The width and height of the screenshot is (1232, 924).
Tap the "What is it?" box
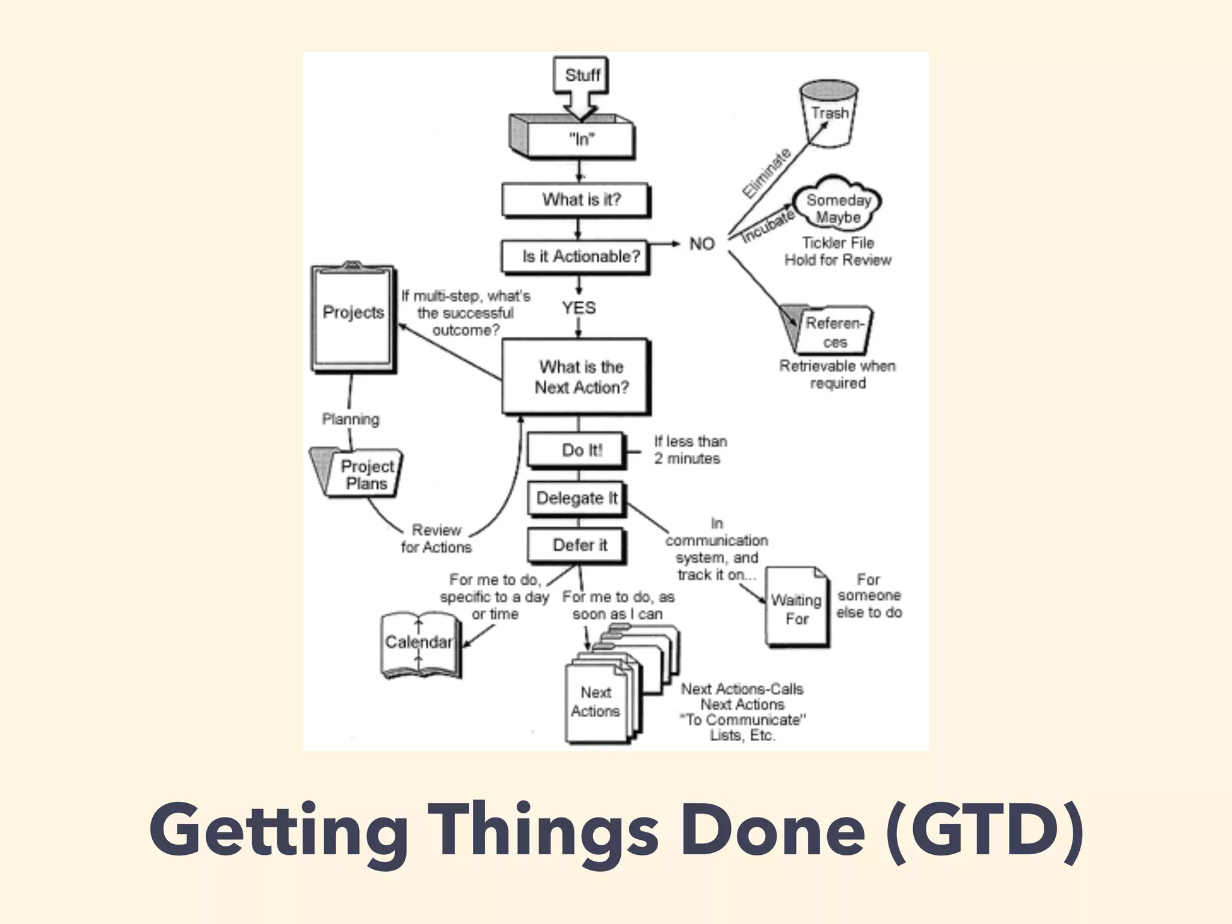(577, 200)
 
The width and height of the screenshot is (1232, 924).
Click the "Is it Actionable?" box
(576, 256)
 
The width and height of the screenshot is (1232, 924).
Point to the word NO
(701, 244)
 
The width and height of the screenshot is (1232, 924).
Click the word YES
(579, 307)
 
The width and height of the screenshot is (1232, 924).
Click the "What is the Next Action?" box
(577, 377)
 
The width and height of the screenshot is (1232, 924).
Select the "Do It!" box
(576, 450)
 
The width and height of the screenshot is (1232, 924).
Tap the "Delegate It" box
(576, 498)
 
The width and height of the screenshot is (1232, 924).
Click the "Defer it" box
(576, 545)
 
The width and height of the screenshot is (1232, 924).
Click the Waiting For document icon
(796, 608)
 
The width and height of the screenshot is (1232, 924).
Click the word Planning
(351, 419)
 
